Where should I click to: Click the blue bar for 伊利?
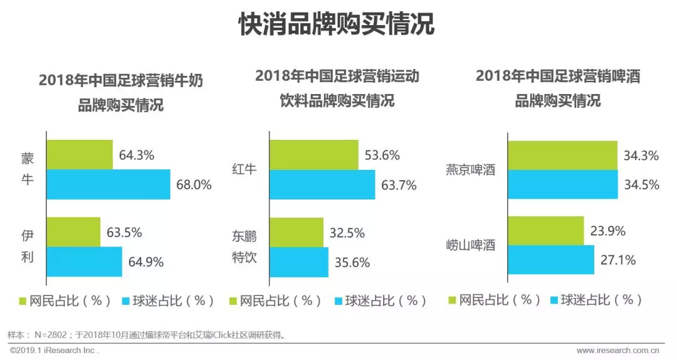85,262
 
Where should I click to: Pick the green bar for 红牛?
314,155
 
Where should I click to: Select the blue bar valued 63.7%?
322,184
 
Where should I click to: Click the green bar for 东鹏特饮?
297,232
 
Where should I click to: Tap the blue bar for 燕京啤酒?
563,184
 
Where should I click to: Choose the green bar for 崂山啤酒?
546,231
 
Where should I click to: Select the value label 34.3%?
641,156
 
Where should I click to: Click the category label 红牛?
244,169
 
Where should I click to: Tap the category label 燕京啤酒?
470,169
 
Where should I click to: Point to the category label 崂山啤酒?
470,245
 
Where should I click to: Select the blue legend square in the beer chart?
554,300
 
